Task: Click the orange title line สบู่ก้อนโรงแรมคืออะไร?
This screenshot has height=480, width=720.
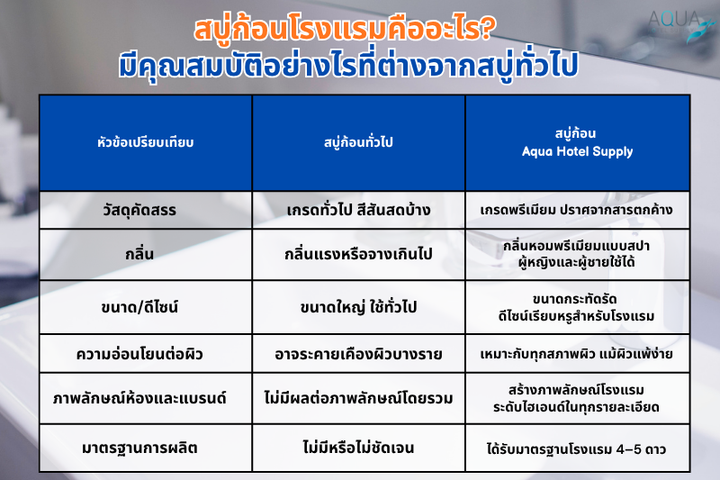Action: coord(341,30)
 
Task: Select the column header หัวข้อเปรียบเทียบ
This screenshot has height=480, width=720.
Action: coord(146,142)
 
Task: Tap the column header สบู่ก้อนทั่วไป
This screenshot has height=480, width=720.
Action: coord(358,142)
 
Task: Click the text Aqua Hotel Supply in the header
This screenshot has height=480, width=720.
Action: coord(577,151)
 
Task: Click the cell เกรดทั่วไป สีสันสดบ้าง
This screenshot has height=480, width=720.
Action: coord(358,210)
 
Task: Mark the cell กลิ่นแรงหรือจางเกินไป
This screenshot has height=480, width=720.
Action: coord(358,254)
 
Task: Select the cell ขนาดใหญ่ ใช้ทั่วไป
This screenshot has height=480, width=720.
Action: coord(358,306)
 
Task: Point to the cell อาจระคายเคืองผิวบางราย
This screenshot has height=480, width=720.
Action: coord(358,353)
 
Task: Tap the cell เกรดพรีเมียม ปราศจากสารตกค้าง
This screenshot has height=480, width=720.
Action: coord(577,211)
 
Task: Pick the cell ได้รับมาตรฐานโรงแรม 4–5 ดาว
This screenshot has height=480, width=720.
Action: coord(577,447)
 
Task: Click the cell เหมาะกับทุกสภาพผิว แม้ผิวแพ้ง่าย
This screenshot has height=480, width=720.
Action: coord(577,353)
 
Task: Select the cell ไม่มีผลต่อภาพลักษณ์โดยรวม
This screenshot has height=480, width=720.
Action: coord(358,398)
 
